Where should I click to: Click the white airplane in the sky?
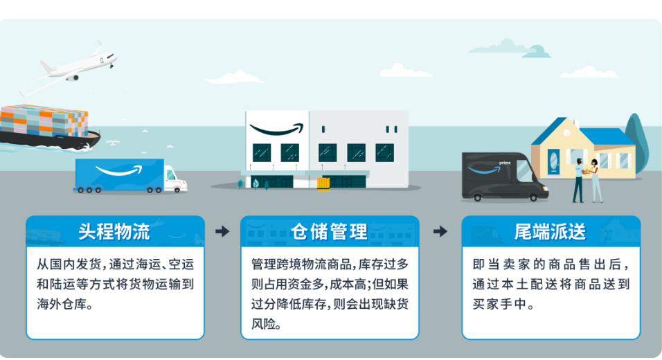(74, 68)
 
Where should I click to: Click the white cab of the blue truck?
(175, 179)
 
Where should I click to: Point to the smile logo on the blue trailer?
(118, 170)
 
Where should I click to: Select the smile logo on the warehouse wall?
(276, 129)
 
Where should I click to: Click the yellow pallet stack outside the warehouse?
(323, 184)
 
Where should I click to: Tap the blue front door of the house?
(553, 161)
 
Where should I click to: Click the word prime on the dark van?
(505, 163)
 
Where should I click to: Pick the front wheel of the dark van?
(533, 197)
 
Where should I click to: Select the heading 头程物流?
(114, 232)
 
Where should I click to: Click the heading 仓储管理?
(330, 232)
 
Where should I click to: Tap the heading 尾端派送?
(550, 232)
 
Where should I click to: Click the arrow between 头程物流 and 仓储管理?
(222, 231)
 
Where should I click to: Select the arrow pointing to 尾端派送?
(440, 231)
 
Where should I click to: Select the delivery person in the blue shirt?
(578, 180)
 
